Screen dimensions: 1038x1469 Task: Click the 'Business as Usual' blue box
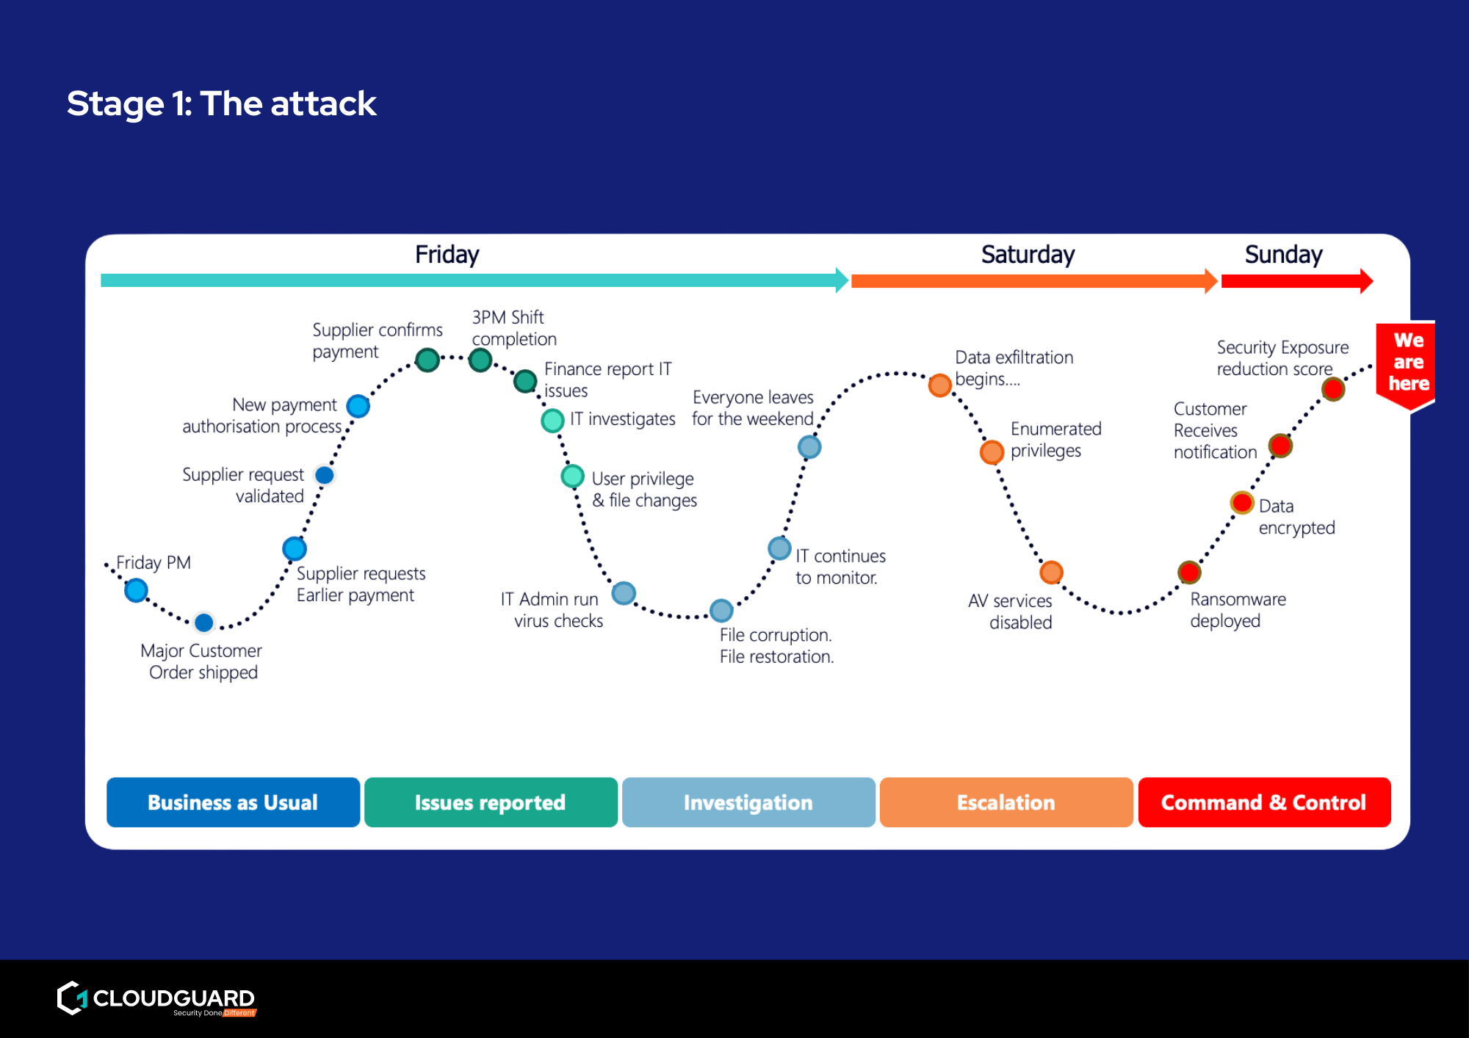(x=233, y=802)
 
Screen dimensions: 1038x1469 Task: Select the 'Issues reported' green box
(x=491, y=802)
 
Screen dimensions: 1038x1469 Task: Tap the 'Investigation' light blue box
(x=748, y=802)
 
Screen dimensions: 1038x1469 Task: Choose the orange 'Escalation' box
(x=1006, y=802)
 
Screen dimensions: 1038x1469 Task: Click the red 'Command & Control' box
(x=1264, y=802)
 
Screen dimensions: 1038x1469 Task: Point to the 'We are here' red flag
(x=1407, y=363)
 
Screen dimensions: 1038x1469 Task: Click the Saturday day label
(x=1028, y=255)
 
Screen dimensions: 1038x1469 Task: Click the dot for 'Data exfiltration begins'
(x=939, y=385)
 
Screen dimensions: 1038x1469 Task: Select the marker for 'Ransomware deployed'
(x=1189, y=572)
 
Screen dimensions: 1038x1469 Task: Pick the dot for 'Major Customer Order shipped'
(x=204, y=623)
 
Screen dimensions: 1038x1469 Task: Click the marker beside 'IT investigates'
(x=552, y=421)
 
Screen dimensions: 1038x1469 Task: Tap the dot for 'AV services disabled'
(x=1051, y=572)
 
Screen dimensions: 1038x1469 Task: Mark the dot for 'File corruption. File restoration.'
(x=721, y=610)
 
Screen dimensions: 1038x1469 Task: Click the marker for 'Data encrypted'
(x=1242, y=503)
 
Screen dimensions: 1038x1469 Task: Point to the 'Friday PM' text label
(x=154, y=563)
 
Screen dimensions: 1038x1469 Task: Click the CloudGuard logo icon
(x=73, y=998)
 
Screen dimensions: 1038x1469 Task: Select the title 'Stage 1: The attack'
(x=222, y=103)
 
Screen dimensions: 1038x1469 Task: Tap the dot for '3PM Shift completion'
(x=480, y=360)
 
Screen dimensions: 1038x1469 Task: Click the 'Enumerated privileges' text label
(x=1055, y=439)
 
